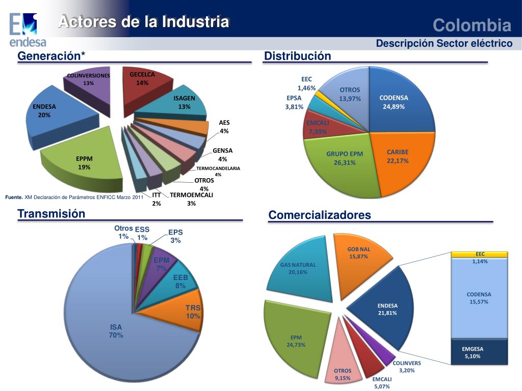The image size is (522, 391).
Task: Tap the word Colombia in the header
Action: tap(472, 25)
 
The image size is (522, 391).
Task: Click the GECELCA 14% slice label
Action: tap(142, 78)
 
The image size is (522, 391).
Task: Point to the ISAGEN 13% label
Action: tap(184, 102)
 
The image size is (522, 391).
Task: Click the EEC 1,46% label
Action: tap(307, 83)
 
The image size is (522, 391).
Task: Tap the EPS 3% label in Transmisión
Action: tap(176, 236)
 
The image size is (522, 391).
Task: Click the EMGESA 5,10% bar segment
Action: tap(479, 352)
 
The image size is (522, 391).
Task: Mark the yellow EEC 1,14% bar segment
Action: tap(480, 254)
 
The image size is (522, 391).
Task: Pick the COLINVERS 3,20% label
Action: tap(407, 367)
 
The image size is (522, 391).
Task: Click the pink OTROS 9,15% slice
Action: tap(343, 361)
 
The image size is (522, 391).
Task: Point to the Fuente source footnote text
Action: tap(74, 197)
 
